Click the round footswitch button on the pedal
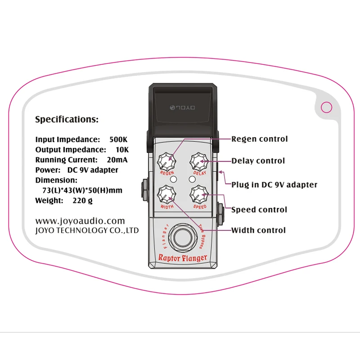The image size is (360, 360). (x=183, y=236)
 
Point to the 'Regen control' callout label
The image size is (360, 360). (x=259, y=139)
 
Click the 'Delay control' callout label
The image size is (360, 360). (x=258, y=161)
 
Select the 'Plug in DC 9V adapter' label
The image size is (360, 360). (x=274, y=184)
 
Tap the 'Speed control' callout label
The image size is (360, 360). (x=259, y=209)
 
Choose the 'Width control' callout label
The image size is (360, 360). (x=258, y=230)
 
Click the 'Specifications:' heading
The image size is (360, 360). (x=67, y=120)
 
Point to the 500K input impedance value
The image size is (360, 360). (x=119, y=139)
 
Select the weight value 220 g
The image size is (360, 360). (x=82, y=200)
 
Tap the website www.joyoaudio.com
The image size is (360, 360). (x=80, y=221)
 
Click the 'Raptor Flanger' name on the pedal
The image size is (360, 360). (x=183, y=258)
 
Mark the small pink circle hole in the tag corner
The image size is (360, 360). (x=327, y=107)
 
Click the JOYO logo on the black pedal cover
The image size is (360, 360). (x=183, y=108)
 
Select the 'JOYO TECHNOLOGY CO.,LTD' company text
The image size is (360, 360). (x=87, y=230)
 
